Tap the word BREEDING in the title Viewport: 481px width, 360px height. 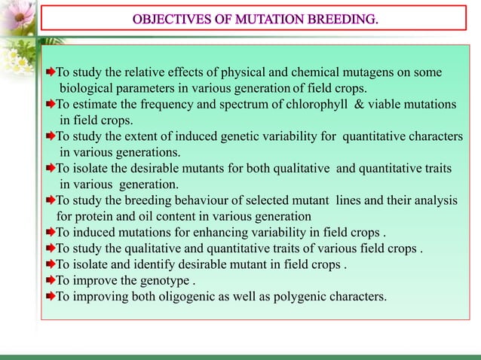[x=340, y=17]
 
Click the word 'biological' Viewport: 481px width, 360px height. [x=89, y=88]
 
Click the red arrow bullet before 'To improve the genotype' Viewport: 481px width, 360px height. [x=50, y=280]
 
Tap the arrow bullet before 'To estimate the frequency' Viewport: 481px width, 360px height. [x=50, y=104]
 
